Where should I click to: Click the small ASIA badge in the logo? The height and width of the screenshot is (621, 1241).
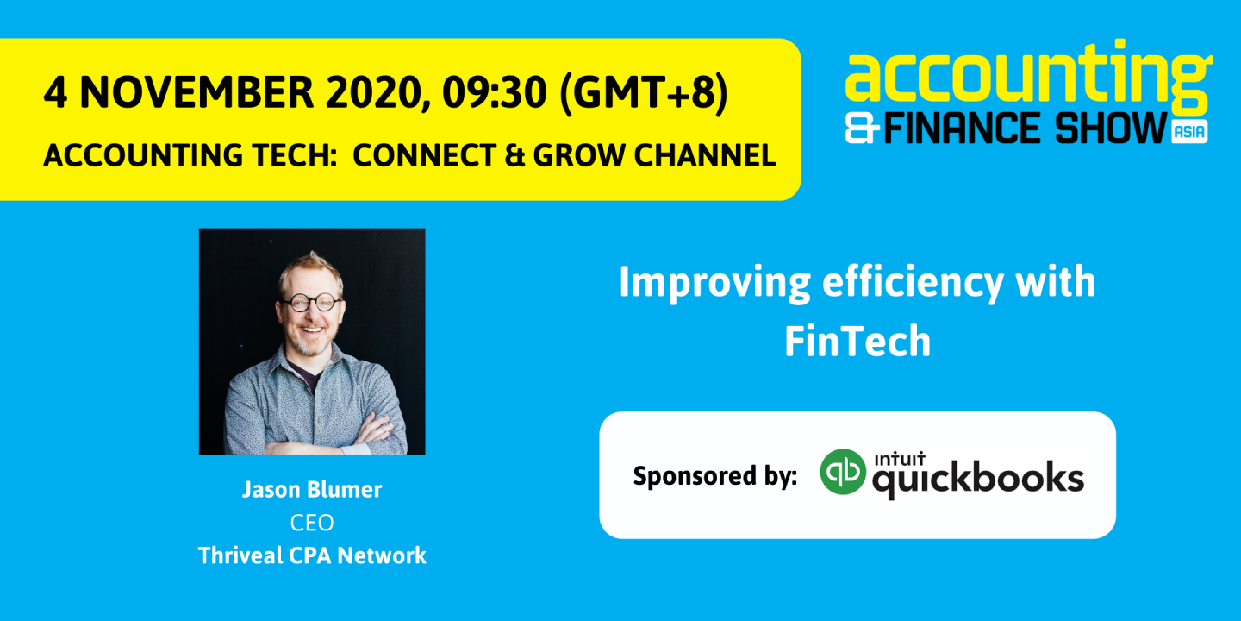pyautogui.click(x=1190, y=132)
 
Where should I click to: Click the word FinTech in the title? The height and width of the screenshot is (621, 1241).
pyautogui.click(x=857, y=342)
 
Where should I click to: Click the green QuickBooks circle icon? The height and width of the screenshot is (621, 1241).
pyautogui.click(x=842, y=473)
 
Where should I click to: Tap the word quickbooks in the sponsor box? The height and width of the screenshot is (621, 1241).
pyautogui.click(x=978, y=480)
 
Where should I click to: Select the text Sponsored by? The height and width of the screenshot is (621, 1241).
pyautogui.click(x=714, y=476)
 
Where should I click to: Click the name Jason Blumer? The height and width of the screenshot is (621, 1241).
pyautogui.click(x=312, y=490)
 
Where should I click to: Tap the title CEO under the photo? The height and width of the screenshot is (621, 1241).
pyautogui.click(x=312, y=523)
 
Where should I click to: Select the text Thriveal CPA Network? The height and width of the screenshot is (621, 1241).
pyautogui.click(x=312, y=555)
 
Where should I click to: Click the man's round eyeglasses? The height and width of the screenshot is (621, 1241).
pyautogui.click(x=309, y=303)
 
